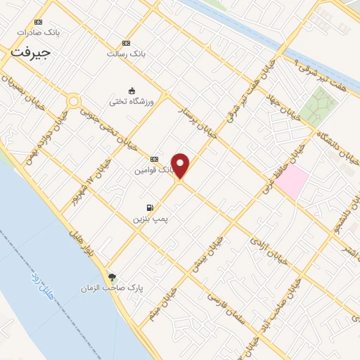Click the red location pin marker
[181, 165]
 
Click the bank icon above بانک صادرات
[37, 22]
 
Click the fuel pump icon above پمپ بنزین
[150, 207]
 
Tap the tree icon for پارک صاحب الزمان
[110, 276]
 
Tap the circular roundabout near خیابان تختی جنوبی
[73, 101]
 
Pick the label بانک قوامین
[152, 170]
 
